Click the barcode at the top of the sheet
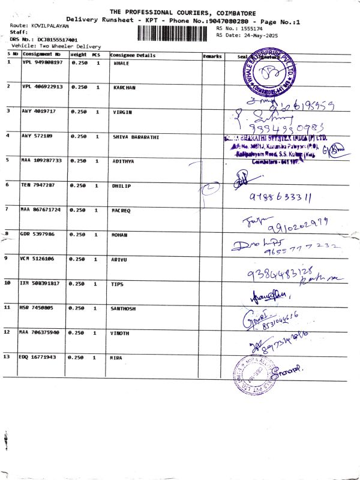pos(176,32)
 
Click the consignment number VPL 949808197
pos(42,62)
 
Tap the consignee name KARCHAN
pos(124,88)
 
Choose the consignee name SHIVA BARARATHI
pos(136,137)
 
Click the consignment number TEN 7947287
pos(38,185)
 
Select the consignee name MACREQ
pos(122,210)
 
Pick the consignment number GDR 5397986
pos(38,234)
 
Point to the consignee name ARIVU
pos(121,259)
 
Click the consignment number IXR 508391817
pos(40,283)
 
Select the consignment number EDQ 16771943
pos(38,358)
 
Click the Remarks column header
pos(212,56)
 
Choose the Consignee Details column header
pos(133,55)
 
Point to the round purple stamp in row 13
pos(253,376)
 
